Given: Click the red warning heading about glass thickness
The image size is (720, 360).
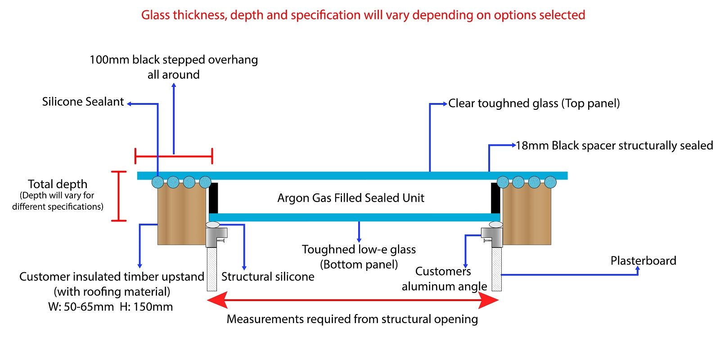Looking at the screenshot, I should [363, 15].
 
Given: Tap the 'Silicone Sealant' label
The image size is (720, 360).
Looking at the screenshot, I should [83, 102].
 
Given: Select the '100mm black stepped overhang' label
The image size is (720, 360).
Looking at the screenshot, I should [174, 60].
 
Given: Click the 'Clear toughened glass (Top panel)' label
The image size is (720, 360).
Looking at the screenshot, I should [534, 103].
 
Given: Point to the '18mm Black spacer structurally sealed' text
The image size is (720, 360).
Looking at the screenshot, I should [614, 146].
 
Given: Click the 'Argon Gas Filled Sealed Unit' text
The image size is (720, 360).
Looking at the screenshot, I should [351, 198].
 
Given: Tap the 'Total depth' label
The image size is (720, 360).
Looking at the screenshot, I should [58, 184].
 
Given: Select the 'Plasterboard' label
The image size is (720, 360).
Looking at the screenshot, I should [643, 261].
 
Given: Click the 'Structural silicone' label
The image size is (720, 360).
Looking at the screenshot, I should [268, 276].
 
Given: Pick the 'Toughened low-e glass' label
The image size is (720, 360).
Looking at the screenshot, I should [359, 250].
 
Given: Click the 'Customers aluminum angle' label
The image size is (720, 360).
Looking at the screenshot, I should [444, 279].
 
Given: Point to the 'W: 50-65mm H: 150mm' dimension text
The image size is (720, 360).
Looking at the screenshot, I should [110, 307].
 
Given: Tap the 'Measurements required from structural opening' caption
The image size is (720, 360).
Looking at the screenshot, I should [352, 319].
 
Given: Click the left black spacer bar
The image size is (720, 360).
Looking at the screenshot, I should [213, 198].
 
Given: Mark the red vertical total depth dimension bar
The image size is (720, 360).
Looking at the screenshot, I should [119, 196].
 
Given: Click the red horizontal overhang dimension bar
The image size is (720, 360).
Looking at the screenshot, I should [174, 157].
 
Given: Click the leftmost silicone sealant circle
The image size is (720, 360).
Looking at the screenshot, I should [158, 182].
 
